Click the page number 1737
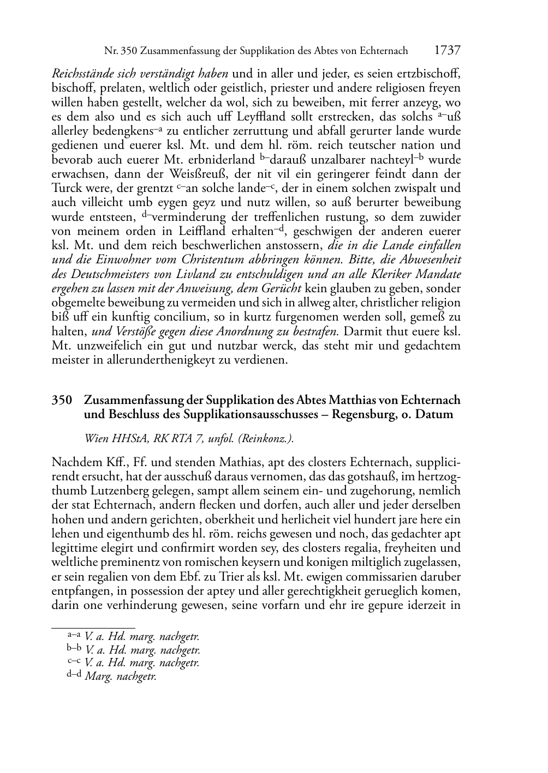[x=447, y=50]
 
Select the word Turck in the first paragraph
[x=66, y=189]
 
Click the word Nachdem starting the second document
[x=75, y=462]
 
